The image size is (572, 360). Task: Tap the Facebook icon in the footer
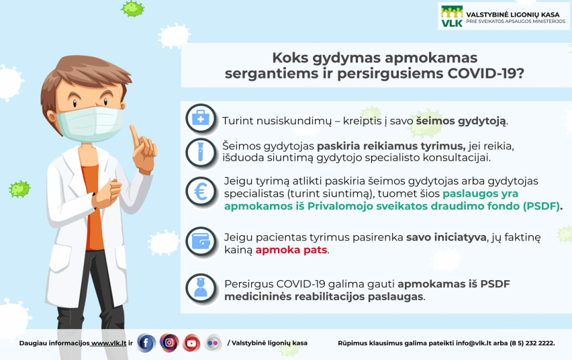[146, 343]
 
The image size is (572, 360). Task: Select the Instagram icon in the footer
[169, 343]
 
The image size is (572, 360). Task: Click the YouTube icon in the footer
[191, 343]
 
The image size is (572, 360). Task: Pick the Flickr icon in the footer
[213, 343]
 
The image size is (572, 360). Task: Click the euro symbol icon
[201, 193]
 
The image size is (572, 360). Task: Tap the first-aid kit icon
[201, 119]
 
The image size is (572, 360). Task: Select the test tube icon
[201, 152]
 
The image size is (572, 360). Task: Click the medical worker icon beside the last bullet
[201, 287]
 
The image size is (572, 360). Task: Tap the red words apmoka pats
[291, 250]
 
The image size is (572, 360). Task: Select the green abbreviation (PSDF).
[539, 206]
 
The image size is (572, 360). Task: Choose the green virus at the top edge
[133, 8]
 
